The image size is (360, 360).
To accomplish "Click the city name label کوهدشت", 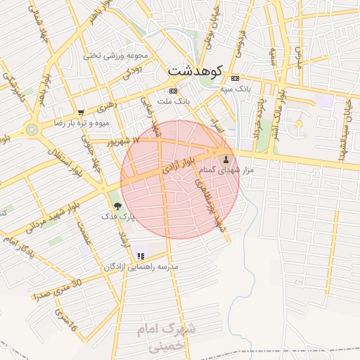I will point(195,71).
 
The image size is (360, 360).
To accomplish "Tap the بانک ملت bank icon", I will point(174,91).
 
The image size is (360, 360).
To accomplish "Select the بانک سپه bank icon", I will point(234,78).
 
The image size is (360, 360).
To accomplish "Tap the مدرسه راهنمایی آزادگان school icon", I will point(141,257).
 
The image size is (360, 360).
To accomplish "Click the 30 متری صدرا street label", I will point(58,289).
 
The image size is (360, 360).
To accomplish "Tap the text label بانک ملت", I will point(174,102).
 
